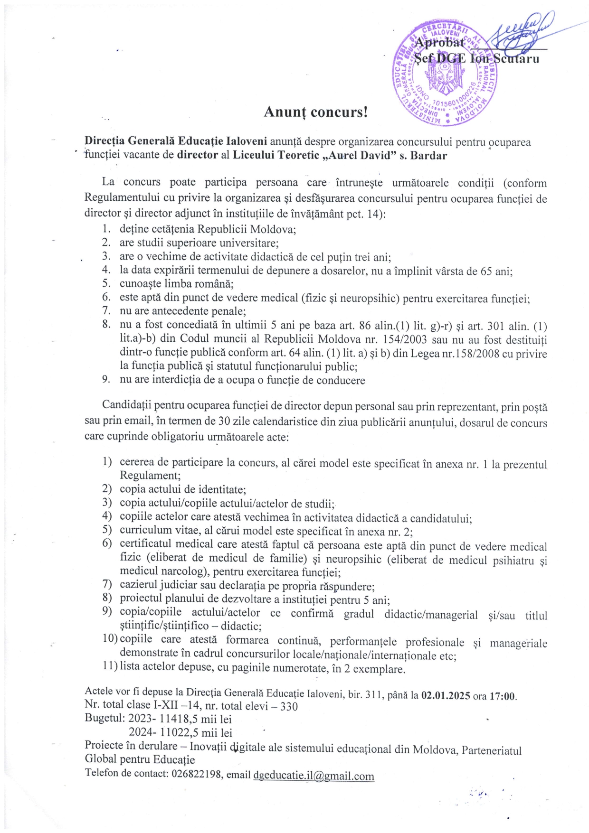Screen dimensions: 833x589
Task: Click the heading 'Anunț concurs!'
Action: pyautogui.click(x=315, y=112)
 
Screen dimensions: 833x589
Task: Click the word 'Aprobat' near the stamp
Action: pyautogui.click(x=439, y=43)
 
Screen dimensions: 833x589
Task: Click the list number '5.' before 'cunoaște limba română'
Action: pyautogui.click(x=106, y=283)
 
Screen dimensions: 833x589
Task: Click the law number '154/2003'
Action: pyautogui.click(x=404, y=339)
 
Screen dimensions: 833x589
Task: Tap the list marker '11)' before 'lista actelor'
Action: pyautogui.click(x=109, y=666)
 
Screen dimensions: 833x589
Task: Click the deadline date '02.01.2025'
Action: pyautogui.click(x=446, y=696)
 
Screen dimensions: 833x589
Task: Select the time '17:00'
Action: pyautogui.click(x=502, y=696)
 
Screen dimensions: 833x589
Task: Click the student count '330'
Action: pyautogui.click(x=289, y=706)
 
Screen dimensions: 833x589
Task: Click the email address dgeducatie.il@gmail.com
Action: pyautogui.click(x=313, y=776)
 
